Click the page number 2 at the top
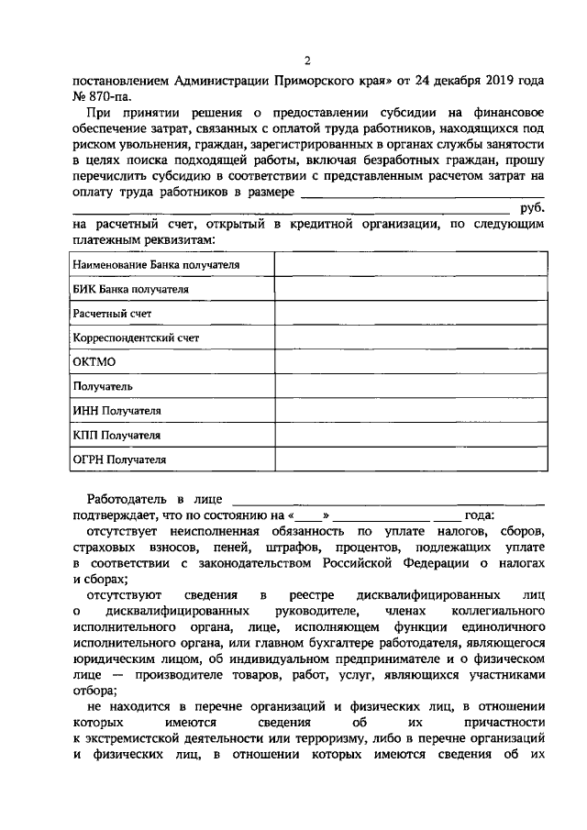pos(307,61)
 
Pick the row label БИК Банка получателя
pos(130,289)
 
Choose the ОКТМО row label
pos(94,362)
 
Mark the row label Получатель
pos(103,387)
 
